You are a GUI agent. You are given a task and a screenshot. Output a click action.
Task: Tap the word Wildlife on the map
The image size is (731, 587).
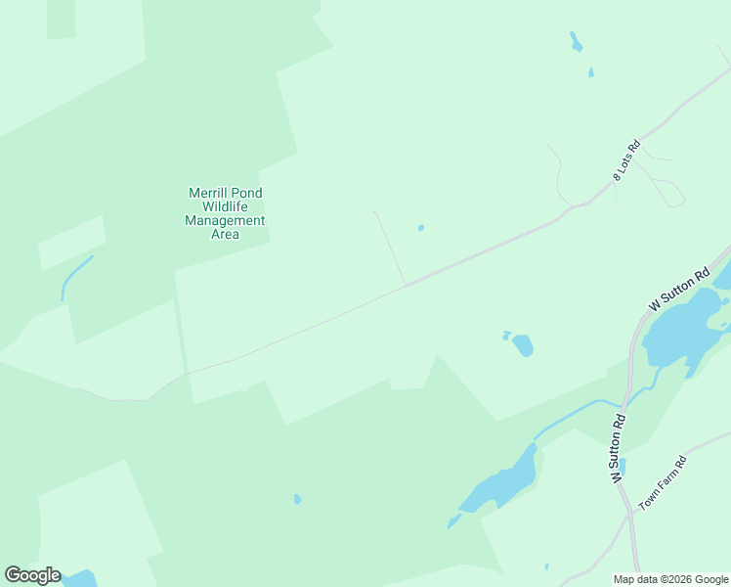pos(225,206)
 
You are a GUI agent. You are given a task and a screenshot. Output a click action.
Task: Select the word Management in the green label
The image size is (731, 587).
pos(225,220)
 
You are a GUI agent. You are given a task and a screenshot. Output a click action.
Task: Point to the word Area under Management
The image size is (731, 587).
pos(225,234)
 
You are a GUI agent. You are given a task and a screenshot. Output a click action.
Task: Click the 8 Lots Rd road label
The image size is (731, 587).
pos(625,158)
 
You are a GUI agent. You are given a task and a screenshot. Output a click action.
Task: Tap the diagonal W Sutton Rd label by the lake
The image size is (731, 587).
pos(678,291)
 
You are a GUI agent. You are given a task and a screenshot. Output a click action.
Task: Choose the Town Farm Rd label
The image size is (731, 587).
pos(664,481)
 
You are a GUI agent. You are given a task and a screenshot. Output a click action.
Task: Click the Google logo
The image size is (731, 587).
pos(32,574)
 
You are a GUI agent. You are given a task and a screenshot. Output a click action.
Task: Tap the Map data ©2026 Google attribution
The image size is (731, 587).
pos(670,578)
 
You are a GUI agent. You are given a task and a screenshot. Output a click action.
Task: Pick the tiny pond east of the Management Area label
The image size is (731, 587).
pos(421,228)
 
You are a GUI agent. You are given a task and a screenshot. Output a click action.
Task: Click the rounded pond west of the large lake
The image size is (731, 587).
pos(523,345)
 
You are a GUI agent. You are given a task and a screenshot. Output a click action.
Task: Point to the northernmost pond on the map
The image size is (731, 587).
pos(576,42)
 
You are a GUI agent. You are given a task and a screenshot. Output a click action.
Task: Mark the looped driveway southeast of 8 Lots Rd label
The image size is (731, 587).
pos(668,193)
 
